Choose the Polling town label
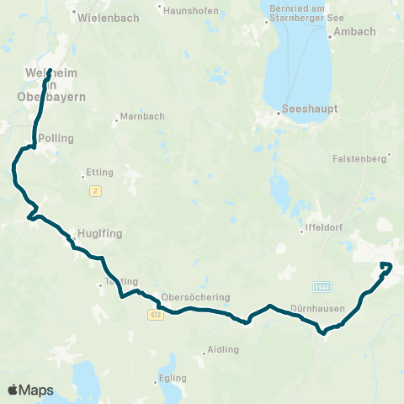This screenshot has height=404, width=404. click(x=56, y=138)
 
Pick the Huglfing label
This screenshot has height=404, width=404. click(x=94, y=232)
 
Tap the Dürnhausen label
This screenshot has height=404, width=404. click(x=317, y=308)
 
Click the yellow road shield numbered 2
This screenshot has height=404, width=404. click(x=95, y=192)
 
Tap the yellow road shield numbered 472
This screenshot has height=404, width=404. click(x=155, y=315)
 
